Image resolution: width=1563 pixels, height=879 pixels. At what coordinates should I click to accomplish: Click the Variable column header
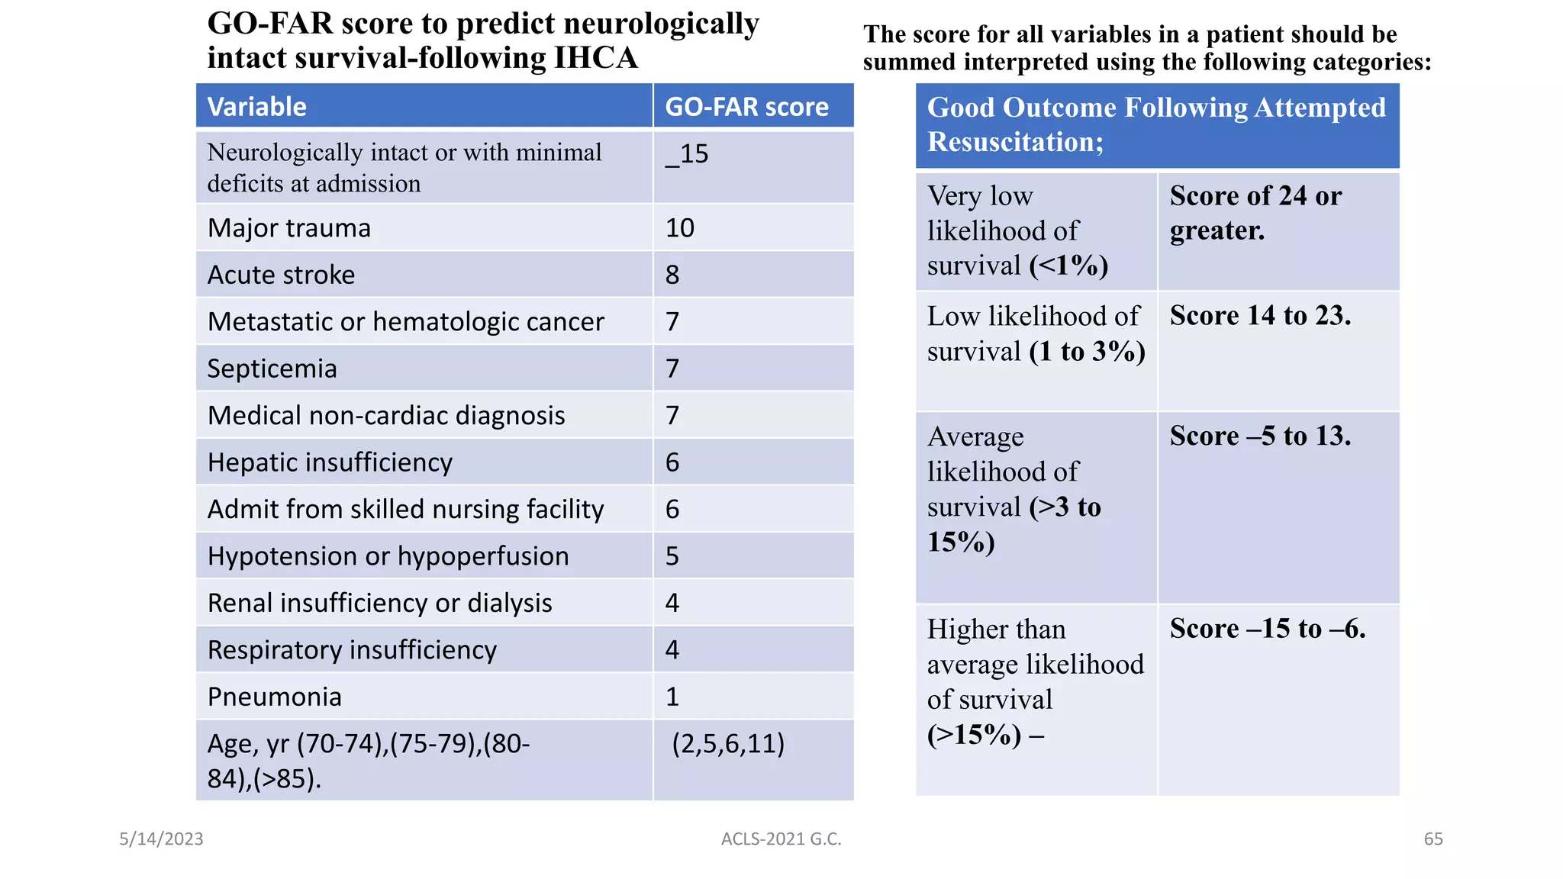click(x=256, y=107)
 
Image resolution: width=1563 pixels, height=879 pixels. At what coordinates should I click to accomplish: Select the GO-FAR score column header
click(x=746, y=107)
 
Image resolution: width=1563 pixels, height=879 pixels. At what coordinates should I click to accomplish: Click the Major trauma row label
click(x=288, y=228)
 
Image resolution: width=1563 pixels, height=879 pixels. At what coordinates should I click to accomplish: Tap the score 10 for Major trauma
click(x=679, y=228)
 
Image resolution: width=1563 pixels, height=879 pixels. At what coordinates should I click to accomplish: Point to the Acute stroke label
click(x=281, y=275)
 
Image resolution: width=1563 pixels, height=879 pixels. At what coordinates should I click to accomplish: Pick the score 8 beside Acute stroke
click(x=672, y=275)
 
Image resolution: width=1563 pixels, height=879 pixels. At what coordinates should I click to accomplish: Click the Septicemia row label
click(x=272, y=369)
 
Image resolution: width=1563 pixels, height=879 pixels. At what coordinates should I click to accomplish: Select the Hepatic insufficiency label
click(x=330, y=462)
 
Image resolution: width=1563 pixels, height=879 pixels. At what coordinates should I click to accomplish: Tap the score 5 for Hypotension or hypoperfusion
click(x=672, y=556)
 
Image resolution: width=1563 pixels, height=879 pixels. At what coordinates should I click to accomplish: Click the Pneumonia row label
click(x=274, y=697)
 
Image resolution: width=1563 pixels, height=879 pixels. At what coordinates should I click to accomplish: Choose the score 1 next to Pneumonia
click(x=672, y=697)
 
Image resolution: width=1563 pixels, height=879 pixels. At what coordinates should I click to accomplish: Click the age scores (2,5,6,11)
click(x=727, y=743)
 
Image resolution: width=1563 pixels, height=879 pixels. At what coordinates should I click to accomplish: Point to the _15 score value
click(x=687, y=154)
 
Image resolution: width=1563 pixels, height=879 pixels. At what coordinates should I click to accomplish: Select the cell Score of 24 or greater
click(x=1255, y=213)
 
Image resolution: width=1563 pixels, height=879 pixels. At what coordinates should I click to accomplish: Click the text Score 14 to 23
click(x=1260, y=315)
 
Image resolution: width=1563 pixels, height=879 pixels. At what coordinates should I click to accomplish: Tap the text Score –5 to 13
click(x=1260, y=436)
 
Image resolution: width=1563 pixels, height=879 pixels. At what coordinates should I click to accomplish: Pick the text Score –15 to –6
click(x=1267, y=628)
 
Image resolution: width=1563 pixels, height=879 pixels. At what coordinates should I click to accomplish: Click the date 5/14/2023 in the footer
click(x=161, y=839)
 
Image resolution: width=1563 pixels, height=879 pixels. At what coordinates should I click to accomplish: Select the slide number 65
click(x=1433, y=839)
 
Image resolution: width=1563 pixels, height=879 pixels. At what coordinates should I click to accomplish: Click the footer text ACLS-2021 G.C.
click(x=781, y=839)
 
